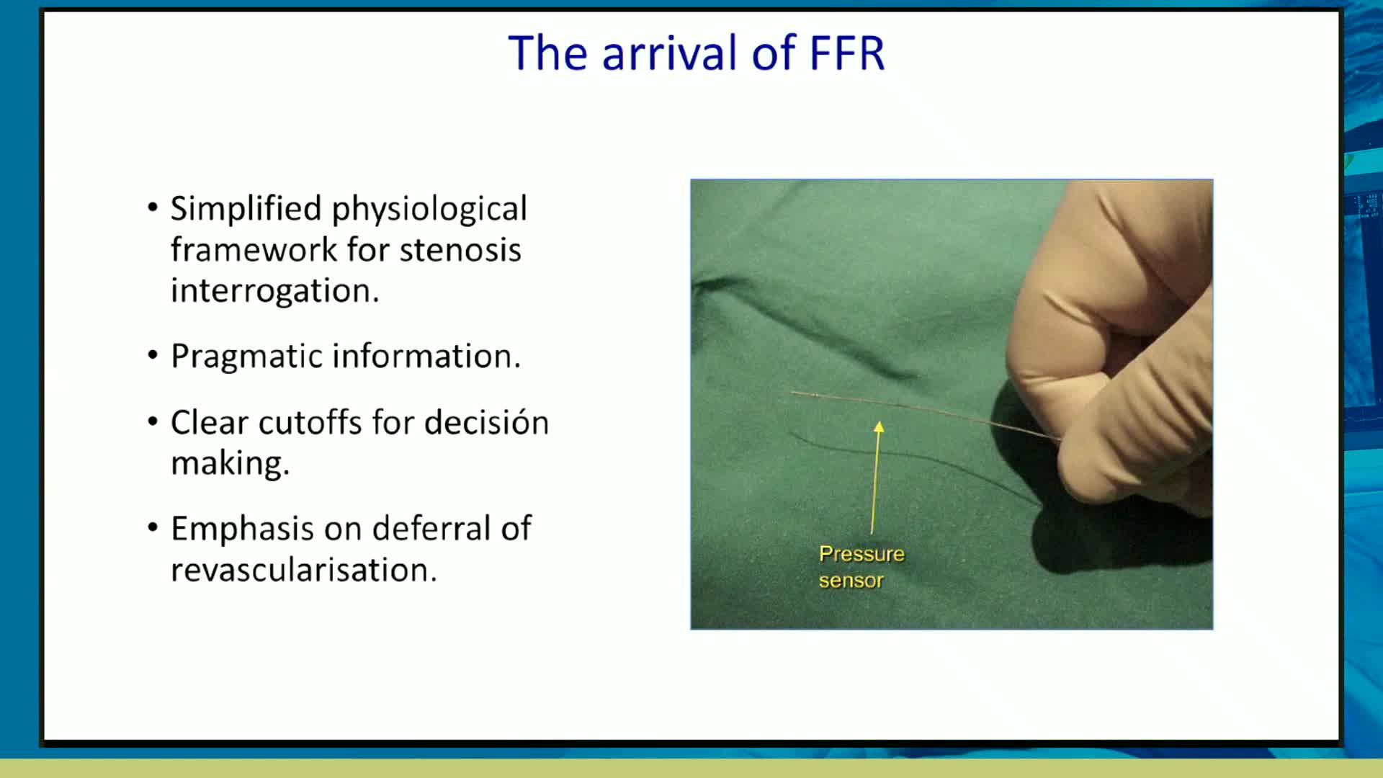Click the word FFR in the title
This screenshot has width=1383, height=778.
click(847, 53)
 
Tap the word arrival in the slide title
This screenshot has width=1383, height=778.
click(669, 53)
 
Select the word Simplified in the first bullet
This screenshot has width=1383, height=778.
click(246, 209)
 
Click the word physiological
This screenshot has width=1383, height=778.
click(429, 210)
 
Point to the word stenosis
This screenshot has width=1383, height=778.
click(460, 250)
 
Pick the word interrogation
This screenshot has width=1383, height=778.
click(274, 291)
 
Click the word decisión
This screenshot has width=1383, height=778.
click(486, 422)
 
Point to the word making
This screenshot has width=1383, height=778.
click(230, 463)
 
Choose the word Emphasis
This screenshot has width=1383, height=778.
click(242, 529)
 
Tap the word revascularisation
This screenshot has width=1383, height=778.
click(303, 570)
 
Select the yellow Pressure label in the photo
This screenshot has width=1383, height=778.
click(861, 554)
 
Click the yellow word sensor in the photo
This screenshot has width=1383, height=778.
click(851, 581)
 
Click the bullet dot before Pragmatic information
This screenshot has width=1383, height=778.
click(153, 355)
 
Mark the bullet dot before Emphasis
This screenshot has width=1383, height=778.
click(153, 527)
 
